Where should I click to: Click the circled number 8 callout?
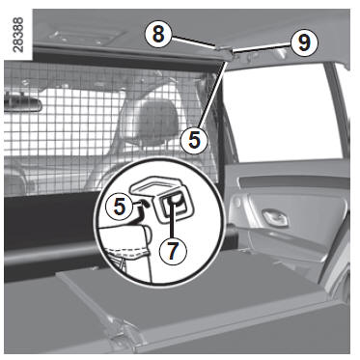[158, 34]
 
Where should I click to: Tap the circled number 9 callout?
[304, 42]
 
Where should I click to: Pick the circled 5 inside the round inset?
[120, 207]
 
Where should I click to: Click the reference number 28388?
[18, 35]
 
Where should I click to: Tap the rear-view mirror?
[23, 101]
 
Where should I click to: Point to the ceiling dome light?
[86, 37]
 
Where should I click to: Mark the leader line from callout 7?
[173, 221]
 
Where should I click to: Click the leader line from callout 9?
[262, 46]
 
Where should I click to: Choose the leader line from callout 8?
[192, 42]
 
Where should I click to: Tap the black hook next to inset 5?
[141, 208]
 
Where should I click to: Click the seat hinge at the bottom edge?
[124, 335]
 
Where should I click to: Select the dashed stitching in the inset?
[128, 252]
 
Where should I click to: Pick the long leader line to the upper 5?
[213, 95]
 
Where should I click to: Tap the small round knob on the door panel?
[237, 203]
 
